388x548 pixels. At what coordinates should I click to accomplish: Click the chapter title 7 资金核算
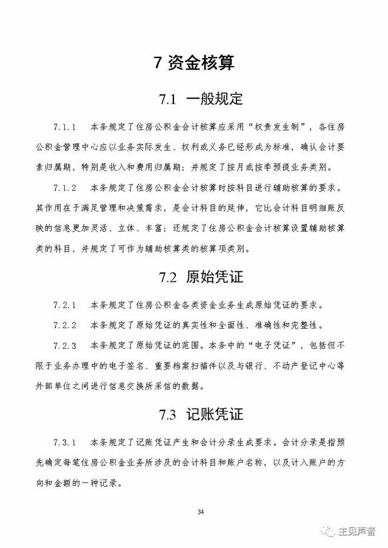point(194,63)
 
